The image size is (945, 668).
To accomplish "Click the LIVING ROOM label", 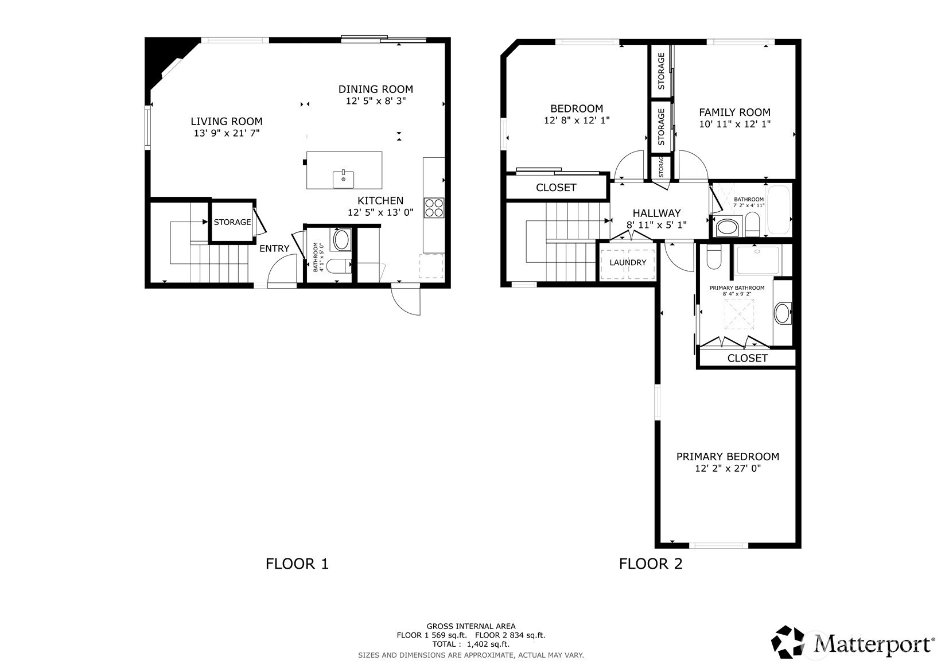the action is tap(227, 122).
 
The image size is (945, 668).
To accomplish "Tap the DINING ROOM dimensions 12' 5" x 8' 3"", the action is tap(376, 101).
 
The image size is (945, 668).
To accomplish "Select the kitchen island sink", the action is tap(344, 179).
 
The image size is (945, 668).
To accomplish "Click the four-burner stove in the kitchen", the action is tap(434, 208).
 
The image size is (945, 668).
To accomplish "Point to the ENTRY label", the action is tap(274, 248).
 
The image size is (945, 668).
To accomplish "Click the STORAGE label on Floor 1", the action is tap(232, 222).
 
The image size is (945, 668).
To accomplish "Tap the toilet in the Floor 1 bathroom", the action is tap(339, 266).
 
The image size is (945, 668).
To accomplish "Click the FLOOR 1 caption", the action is tap(297, 564).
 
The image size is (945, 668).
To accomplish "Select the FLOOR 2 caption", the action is tap(651, 564).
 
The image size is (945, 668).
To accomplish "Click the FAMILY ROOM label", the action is tap(734, 112).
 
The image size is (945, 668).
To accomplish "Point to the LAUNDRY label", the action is tap(628, 262).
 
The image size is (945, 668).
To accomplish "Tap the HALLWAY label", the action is tap(657, 213).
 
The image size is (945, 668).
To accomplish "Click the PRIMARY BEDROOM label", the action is tap(728, 457).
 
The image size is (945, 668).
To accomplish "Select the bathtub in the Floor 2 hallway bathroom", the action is tap(779, 209).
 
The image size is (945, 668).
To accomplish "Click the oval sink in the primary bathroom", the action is tap(783, 313).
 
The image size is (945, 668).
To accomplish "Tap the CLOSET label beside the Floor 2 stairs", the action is tap(556, 187).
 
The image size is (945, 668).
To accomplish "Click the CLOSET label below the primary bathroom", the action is tap(747, 358).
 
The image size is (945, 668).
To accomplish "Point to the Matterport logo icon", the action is tap(788, 642).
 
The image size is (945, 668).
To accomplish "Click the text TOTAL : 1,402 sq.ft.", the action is tap(471, 644).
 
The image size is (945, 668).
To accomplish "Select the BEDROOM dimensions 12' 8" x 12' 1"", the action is tap(577, 121).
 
